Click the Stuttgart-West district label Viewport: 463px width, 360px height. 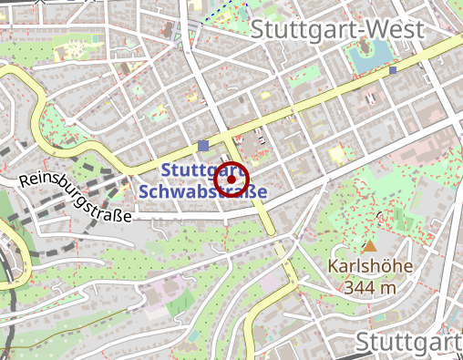point(336,29)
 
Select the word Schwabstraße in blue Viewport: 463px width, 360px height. point(202,192)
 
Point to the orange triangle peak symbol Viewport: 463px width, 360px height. point(369,246)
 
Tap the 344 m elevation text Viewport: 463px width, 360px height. point(370,287)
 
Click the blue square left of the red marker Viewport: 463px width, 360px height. point(202,146)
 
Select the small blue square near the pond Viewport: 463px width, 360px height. point(393,69)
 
